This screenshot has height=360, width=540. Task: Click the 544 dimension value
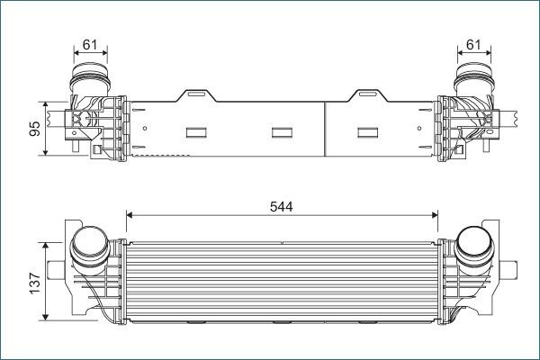coord(281,205)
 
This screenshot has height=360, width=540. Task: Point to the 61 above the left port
coord(91,43)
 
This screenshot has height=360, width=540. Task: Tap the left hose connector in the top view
coord(91,76)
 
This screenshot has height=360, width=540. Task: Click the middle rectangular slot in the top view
coord(283,133)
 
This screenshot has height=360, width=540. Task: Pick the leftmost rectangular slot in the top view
coord(196,133)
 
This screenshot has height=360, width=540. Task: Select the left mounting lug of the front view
coord(56,268)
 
